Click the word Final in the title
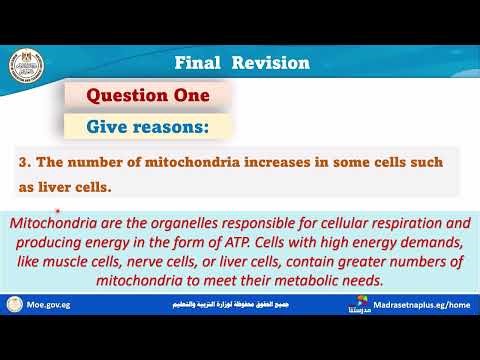[x=199, y=62]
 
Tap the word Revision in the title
[x=270, y=62]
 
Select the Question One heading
[x=148, y=96]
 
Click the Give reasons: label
[x=148, y=127]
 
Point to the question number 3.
[x=23, y=160]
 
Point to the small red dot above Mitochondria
[x=59, y=211]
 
